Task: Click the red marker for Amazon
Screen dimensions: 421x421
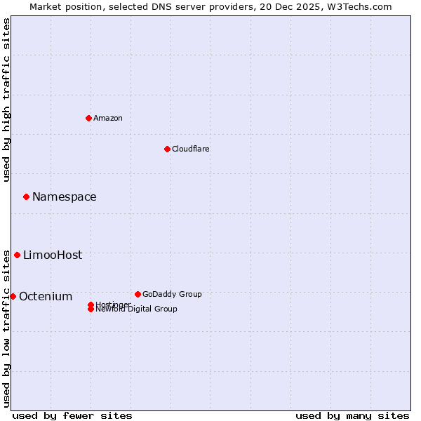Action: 88,118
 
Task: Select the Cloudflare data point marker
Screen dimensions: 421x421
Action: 167,149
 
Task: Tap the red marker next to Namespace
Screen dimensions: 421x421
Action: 26,197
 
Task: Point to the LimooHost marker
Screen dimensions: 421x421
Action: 17,255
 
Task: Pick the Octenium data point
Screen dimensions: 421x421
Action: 13,296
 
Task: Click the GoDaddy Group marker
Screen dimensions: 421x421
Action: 138,294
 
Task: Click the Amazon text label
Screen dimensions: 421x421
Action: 108,118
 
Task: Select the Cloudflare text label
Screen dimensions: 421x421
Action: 191,149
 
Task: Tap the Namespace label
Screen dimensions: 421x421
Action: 65,197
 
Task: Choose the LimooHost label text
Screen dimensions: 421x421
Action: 53,255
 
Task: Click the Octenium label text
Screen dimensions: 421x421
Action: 46,297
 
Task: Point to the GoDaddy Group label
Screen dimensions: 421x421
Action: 172,294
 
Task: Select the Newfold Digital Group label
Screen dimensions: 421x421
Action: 137,309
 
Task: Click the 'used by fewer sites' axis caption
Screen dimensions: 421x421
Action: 72,415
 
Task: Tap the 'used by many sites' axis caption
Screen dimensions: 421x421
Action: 352,415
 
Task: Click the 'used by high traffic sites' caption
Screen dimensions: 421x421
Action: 6,100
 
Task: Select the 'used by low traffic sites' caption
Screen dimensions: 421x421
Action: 6,328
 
